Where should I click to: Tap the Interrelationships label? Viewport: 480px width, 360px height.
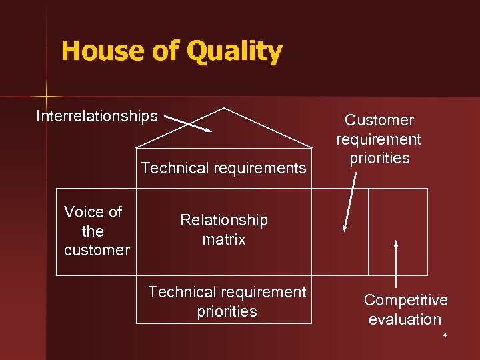(97, 116)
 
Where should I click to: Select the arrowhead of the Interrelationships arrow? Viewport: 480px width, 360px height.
(207, 129)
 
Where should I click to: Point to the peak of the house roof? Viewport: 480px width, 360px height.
(225, 109)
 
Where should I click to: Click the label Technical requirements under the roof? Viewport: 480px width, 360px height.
(223, 168)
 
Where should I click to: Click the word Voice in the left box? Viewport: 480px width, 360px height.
(93, 213)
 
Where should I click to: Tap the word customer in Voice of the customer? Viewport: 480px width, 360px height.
(97, 251)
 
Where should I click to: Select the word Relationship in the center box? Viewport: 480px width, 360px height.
(224, 220)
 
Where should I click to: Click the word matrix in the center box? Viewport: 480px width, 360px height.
(224, 239)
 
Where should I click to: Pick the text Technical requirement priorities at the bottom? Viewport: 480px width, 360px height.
(227, 301)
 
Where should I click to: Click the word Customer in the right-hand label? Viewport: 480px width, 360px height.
(379, 121)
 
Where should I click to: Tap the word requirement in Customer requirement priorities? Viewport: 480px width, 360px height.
(379, 139)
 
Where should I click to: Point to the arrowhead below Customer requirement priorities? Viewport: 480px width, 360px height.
(345, 228)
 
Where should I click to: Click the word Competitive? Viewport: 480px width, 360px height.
(405, 301)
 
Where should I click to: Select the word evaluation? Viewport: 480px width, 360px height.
(405, 319)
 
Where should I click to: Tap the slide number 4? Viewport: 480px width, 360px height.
(445, 335)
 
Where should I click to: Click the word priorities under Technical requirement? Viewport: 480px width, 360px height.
(227, 311)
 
